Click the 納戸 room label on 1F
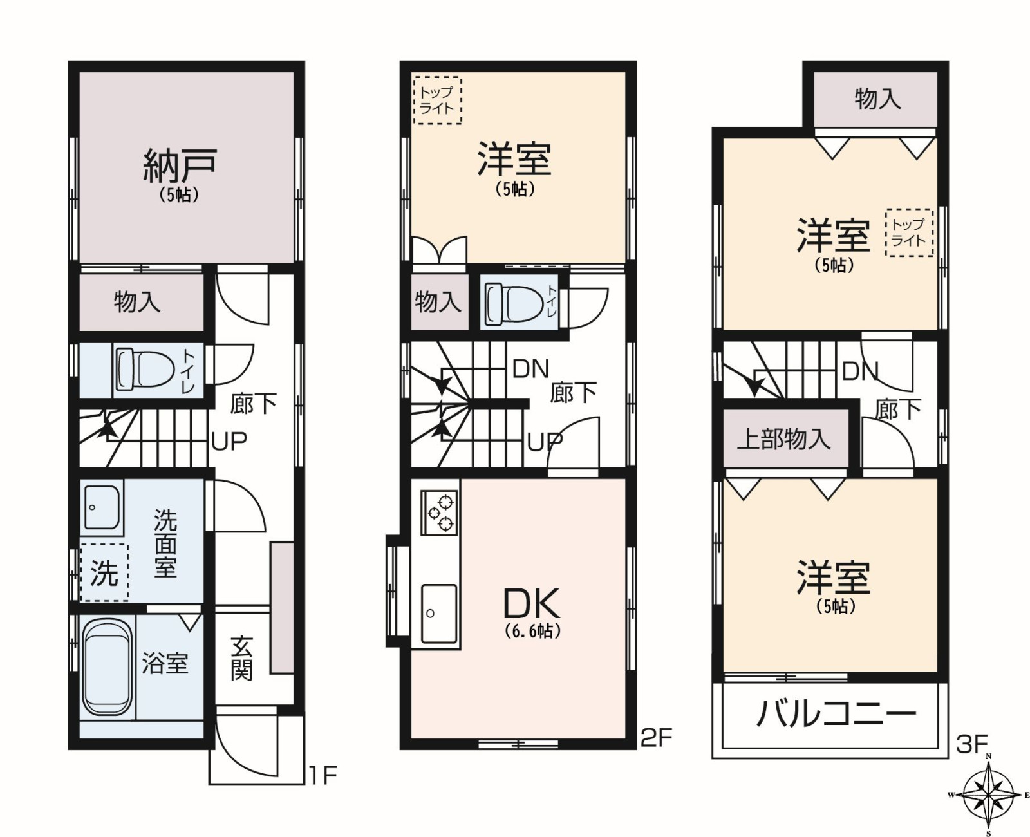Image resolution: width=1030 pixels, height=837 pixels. (180, 166)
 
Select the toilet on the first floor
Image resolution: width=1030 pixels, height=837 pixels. (144, 370)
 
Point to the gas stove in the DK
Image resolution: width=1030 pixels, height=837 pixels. (439, 513)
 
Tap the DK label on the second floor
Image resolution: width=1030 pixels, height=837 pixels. (531, 603)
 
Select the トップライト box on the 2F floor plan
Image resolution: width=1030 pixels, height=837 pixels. (438, 100)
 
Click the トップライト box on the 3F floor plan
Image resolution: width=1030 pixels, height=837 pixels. (909, 232)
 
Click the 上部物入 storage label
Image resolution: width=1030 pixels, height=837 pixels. (783, 440)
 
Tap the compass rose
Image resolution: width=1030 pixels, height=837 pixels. (988, 795)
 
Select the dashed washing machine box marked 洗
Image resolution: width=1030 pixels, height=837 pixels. (104, 572)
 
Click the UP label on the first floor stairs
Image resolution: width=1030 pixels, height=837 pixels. (229, 440)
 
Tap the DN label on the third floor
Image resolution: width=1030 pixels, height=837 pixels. (860, 371)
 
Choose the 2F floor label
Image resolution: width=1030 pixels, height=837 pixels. (657, 737)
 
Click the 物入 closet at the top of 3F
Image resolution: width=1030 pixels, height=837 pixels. (876, 100)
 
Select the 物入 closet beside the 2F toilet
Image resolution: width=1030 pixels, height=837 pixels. (439, 302)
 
